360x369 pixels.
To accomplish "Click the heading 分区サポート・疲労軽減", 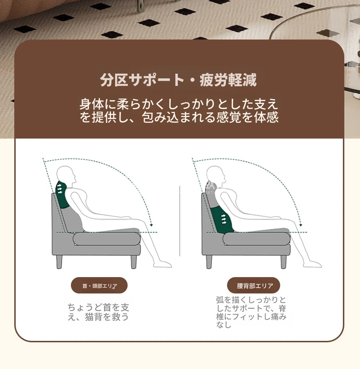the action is pyautogui.click(x=178, y=80).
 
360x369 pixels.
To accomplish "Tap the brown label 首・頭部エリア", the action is pyautogui.click(x=99, y=285).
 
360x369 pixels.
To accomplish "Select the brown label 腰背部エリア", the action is pyautogui.click(x=253, y=285).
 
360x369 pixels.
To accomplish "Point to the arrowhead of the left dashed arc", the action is pyautogui.click(x=151, y=225).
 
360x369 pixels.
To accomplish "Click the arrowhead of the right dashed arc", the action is pyautogui.click(x=301, y=225).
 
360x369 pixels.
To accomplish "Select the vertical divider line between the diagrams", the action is pyautogui.click(x=180, y=221).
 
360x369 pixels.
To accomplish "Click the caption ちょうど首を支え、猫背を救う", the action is pyautogui.click(x=98, y=312).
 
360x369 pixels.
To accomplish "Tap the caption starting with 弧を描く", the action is pyautogui.click(x=251, y=312).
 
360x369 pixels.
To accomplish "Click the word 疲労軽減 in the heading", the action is pyautogui.click(x=228, y=80).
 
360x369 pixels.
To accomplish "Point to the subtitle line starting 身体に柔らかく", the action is pyautogui.click(x=179, y=104).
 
